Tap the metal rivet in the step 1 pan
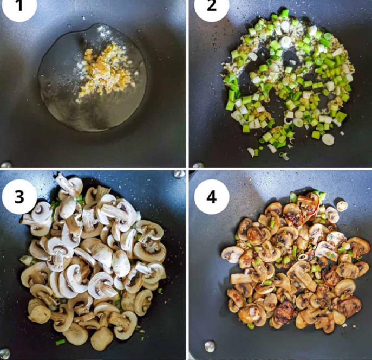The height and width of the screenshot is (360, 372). tap(5, 164)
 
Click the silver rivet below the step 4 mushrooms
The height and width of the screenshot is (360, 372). tap(209, 346)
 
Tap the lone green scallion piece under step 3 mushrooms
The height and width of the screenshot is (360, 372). tap(60, 342)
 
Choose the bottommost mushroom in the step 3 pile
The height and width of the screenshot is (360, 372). tap(101, 338)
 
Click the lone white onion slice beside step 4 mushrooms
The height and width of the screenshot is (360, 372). tap(342, 206)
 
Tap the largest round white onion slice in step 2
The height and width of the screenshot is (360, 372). tap(328, 139)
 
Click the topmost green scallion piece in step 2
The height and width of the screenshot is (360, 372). tap(284, 13)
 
